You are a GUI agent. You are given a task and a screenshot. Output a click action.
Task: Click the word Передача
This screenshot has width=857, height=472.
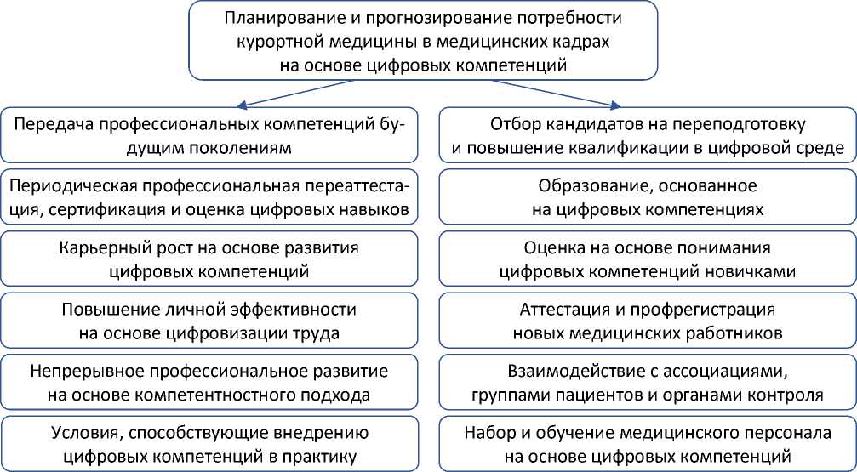coord(55,124)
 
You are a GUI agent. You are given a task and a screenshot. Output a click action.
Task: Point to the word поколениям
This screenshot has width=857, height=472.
coord(246,147)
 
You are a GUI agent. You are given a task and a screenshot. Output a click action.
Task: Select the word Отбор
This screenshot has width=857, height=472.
coord(513,124)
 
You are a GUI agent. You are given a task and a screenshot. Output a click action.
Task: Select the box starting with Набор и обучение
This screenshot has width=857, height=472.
coord(648,445)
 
